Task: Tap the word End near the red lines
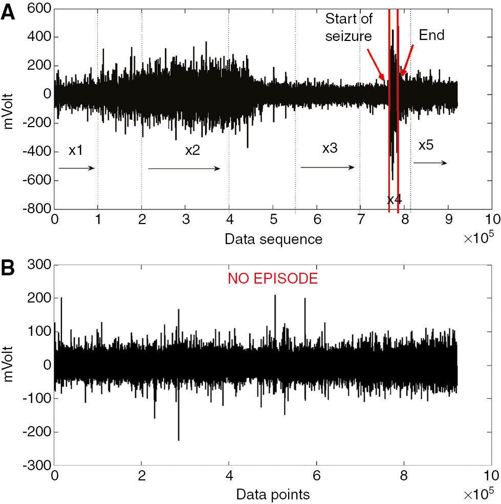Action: (x=432, y=35)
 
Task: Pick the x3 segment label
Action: (x=330, y=149)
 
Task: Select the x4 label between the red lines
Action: (x=394, y=199)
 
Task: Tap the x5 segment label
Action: (x=426, y=145)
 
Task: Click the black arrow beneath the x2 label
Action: (x=184, y=168)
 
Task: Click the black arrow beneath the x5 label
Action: (x=430, y=163)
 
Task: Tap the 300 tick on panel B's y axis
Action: (x=41, y=265)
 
